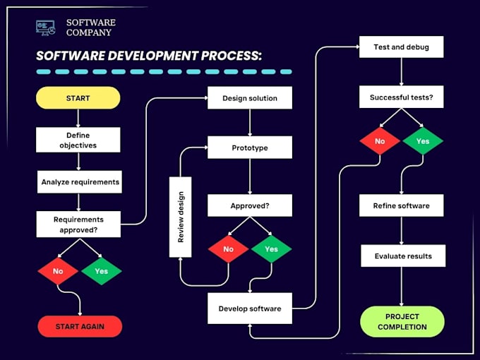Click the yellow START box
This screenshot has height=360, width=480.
78,98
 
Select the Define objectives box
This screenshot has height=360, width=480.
78,140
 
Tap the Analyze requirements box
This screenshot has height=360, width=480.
80,182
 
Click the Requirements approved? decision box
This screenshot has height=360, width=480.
78,224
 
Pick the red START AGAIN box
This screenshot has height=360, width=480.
80,327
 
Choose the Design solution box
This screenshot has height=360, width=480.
249,98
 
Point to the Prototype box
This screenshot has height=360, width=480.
249,148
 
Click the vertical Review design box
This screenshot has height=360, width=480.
181,217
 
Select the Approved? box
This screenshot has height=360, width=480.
249,206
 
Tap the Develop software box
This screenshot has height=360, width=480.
249,309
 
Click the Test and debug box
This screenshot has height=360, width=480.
401,48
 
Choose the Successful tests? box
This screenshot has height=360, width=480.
401,97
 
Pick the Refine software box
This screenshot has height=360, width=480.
401,206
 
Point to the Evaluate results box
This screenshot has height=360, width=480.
402,256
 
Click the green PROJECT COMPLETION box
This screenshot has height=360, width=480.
402,322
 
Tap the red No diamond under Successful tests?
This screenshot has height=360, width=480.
380,142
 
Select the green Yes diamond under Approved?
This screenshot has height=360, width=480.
271,249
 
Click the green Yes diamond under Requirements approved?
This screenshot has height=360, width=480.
101,271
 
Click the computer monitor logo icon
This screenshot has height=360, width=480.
45,27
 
